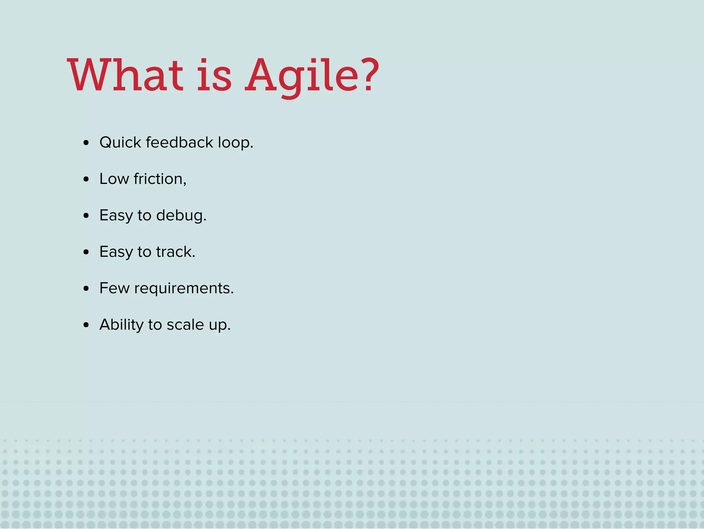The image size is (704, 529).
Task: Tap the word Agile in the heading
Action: pos(302,76)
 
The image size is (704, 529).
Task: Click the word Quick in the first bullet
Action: pos(120,143)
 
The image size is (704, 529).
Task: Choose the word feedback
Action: pos(179,142)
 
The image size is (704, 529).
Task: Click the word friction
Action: pos(160,179)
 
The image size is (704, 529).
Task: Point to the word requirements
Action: pos(184,288)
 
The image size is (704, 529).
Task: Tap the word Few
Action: pos(114,288)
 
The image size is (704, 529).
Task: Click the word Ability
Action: pos(121,325)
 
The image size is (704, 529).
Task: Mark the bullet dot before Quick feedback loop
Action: pos(86,143)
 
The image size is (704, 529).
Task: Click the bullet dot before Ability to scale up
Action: pos(86,325)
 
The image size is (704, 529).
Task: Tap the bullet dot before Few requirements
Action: pos(86,288)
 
